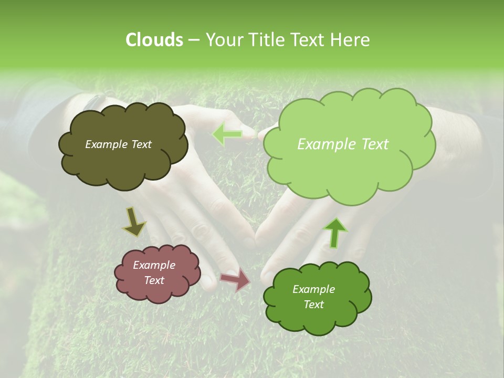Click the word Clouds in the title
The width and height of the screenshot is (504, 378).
pyautogui.click(x=154, y=40)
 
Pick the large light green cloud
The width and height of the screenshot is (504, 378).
pyautogui.click(x=349, y=168)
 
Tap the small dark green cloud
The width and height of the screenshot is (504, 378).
pyautogui.click(x=317, y=320)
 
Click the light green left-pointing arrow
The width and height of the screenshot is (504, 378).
pyautogui.click(x=227, y=134)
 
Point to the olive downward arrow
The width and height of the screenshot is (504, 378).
pyautogui.click(x=134, y=222)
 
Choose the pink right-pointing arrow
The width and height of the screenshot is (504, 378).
pyautogui.click(x=236, y=279)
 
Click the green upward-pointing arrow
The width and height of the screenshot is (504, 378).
pyautogui.click(x=335, y=232)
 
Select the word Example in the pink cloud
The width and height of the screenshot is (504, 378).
pyautogui.click(x=154, y=265)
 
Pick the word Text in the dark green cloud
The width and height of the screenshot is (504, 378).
pyautogui.click(x=313, y=304)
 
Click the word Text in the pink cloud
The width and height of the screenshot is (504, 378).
pyautogui.click(x=154, y=280)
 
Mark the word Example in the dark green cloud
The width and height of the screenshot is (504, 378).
pyautogui.click(x=313, y=289)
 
